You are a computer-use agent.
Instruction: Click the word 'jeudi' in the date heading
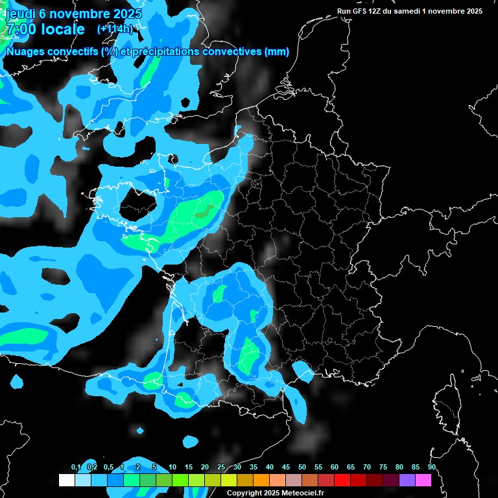[19, 14]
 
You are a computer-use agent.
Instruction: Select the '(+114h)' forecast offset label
[115, 29]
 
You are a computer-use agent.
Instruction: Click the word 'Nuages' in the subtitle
[23, 52]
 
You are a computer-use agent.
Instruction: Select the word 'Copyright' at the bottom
[244, 493]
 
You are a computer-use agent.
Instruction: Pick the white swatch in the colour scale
[66, 480]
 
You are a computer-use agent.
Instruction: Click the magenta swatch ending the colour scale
[423, 480]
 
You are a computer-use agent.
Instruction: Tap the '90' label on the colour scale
[432, 468]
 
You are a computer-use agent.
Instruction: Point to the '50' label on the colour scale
[302, 468]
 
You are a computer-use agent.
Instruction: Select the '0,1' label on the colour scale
[76, 468]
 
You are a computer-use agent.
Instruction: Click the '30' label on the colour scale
[237, 468]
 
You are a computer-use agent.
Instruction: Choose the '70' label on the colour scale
[367, 468]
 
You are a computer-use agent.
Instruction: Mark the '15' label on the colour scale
[189, 468]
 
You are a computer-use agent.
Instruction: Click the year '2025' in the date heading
[126, 14]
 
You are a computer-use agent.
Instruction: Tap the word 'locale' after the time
[62, 29]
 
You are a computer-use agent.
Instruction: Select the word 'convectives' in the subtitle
[233, 52]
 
